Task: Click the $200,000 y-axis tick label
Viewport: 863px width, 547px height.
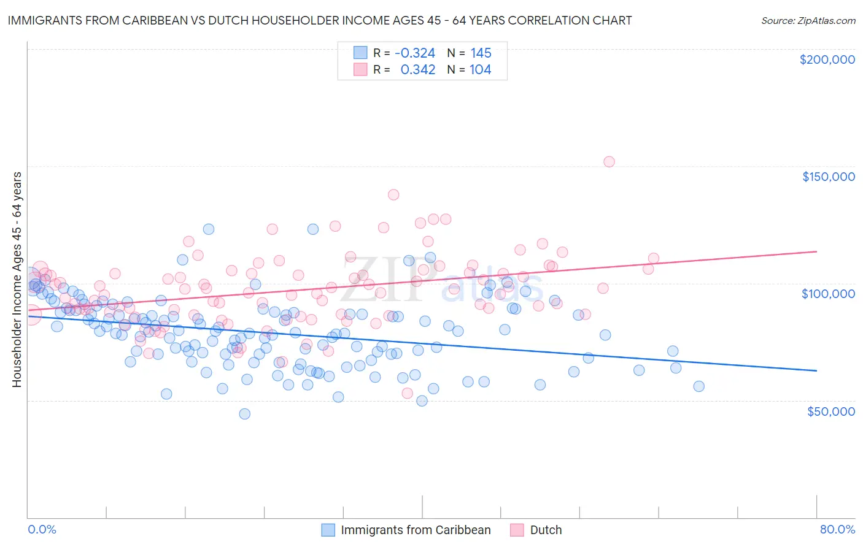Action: [827, 59]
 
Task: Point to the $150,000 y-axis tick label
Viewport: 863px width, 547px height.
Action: [828, 177]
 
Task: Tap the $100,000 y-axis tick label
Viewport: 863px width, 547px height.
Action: [828, 294]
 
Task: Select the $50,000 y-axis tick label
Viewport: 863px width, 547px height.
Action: [830, 411]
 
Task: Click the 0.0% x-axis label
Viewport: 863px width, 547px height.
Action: [42, 529]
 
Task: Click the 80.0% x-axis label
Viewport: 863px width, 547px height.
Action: [837, 529]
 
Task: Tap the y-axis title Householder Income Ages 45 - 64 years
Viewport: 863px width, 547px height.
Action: [17, 280]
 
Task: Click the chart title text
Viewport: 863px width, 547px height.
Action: [319, 20]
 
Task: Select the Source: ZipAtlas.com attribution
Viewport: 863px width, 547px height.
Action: [808, 20]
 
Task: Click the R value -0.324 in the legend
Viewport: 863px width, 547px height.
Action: [414, 53]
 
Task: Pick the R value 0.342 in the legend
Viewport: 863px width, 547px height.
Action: [417, 70]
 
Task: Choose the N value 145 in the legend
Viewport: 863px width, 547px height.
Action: [481, 53]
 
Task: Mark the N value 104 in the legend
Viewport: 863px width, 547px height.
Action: [480, 70]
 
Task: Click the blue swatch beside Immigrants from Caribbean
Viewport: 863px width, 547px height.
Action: [328, 530]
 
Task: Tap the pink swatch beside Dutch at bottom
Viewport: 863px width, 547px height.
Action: [517, 530]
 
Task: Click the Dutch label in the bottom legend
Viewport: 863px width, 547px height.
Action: [546, 530]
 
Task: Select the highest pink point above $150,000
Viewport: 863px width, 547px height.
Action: [609, 162]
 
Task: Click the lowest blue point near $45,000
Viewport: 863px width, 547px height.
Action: [244, 414]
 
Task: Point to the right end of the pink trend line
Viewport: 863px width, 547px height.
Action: [816, 251]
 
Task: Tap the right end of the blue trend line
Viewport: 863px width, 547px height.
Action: [816, 370]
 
